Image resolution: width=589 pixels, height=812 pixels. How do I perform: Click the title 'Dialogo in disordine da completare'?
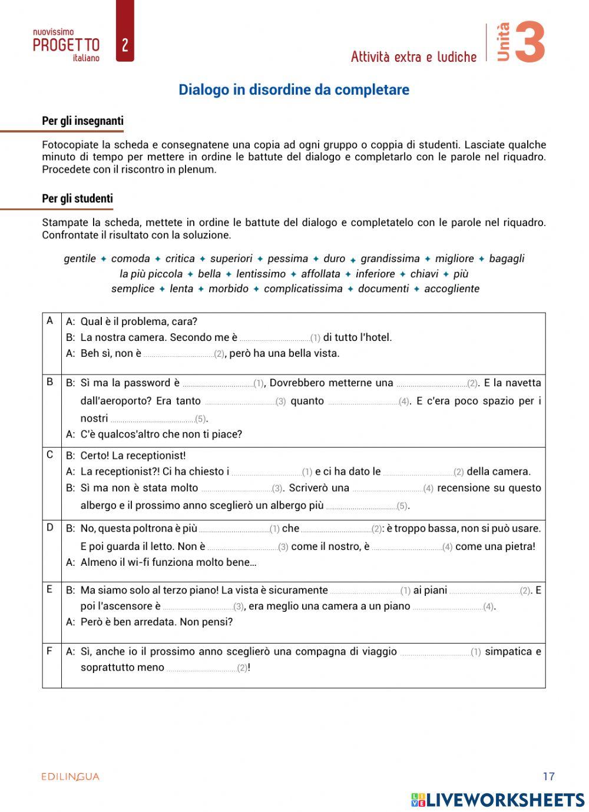(294, 90)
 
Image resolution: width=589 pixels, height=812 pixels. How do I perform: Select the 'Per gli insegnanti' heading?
(82, 121)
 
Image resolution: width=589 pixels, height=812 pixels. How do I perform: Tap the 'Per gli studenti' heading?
(77, 199)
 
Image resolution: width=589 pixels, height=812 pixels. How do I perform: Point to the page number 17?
(548, 776)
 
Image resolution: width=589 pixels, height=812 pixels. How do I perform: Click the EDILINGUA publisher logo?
(71, 777)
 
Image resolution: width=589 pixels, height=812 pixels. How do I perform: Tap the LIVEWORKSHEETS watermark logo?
(498, 800)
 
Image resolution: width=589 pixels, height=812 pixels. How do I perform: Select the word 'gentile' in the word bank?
(80, 258)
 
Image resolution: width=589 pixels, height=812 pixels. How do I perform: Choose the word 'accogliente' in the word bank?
(452, 289)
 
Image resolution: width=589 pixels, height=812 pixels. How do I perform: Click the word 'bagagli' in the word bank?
(507, 258)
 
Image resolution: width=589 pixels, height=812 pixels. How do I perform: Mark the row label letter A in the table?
(50, 321)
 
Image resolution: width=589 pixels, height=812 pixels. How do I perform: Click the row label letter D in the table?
(50, 528)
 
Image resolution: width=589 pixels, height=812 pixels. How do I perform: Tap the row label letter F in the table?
(50, 651)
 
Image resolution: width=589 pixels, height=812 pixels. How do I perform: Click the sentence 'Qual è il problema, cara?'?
(139, 322)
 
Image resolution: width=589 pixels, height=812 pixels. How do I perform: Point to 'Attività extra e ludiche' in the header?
(413, 57)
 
